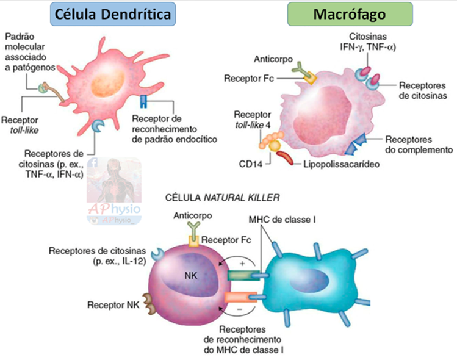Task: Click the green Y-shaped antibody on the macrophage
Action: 299,68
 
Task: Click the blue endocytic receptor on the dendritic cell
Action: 143,101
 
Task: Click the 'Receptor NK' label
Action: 110,304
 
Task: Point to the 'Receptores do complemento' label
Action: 414,143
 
